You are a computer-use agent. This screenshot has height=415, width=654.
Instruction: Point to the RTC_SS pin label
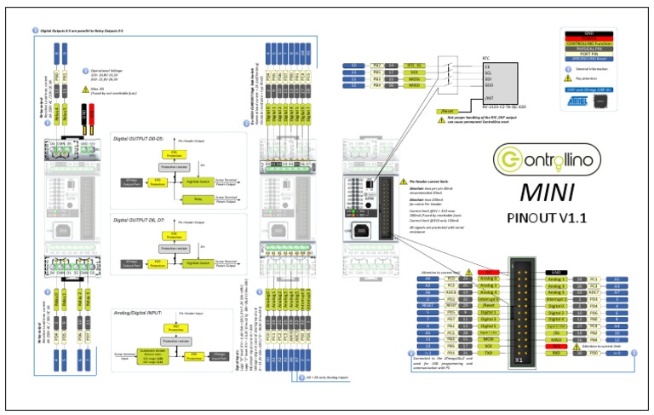pos(414,65)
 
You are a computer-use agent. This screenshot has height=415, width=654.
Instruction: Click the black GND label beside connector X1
pos(553,271)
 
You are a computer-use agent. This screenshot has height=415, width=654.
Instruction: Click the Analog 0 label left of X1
pos(488,279)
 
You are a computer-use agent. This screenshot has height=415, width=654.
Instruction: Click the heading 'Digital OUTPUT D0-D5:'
pos(142,138)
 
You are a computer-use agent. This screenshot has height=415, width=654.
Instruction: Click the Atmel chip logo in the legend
pos(577,99)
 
